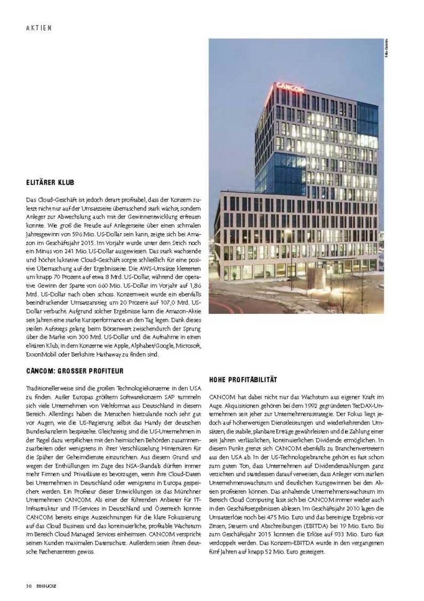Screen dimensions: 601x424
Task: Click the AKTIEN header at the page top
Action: (38, 28)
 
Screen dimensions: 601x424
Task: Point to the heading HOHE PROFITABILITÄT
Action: (243, 379)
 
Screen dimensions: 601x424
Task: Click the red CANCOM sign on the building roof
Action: (290, 87)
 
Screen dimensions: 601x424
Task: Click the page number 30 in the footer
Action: (28, 586)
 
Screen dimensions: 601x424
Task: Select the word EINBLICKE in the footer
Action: (46, 586)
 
